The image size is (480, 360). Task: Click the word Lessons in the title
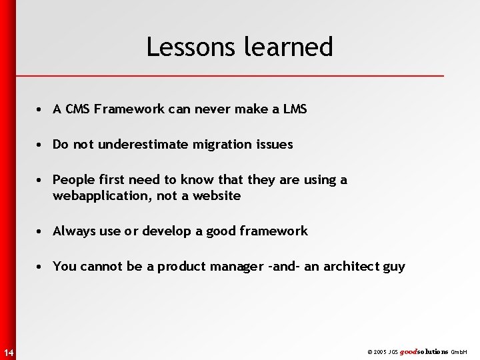click(183, 47)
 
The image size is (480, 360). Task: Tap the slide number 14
click(7, 352)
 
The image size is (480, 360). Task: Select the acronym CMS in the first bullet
click(78, 109)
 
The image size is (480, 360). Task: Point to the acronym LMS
click(294, 109)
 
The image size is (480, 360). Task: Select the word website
click(217, 196)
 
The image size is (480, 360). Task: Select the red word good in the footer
click(408, 351)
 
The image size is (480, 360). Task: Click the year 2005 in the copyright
click(381, 352)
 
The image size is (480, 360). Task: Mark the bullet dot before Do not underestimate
click(41, 145)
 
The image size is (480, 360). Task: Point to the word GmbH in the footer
click(459, 352)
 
